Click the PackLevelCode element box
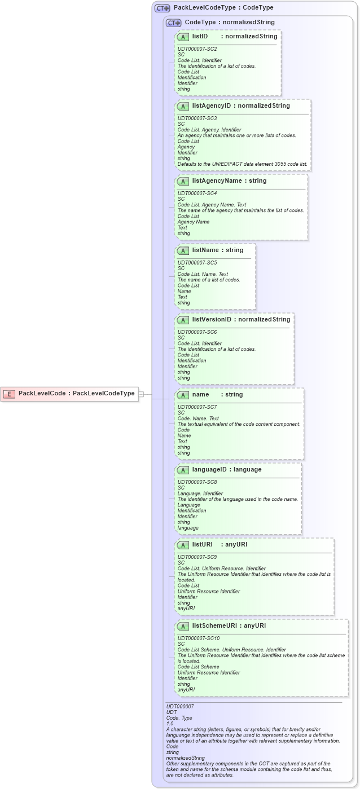(x=70, y=394)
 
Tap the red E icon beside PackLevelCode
(x=9, y=394)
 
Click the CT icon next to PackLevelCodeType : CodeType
(x=163, y=8)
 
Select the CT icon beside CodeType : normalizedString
(x=174, y=23)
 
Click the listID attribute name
(x=200, y=37)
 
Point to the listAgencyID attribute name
(x=212, y=106)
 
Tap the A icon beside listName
(x=183, y=250)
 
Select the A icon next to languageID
(x=183, y=470)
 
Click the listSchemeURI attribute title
(x=212, y=626)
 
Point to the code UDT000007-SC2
(x=197, y=49)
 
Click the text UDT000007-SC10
(x=199, y=638)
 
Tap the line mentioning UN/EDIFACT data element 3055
(x=243, y=164)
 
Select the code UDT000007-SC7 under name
(x=197, y=407)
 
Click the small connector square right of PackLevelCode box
(x=142, y=394)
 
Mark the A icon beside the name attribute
(x=183, y=395)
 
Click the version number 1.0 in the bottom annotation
(x=170, y=723)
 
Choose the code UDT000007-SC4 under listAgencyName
(x=197, y=193)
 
